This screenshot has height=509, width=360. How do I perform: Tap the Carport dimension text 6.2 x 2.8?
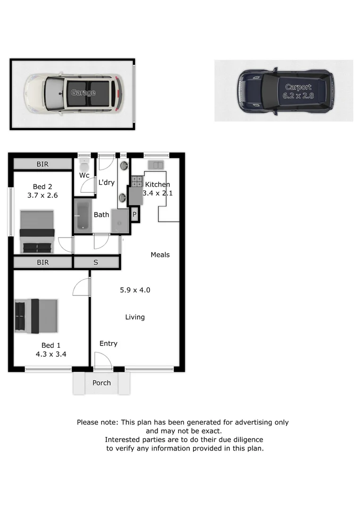[298, 96]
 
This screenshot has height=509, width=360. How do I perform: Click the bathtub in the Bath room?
[83, 216]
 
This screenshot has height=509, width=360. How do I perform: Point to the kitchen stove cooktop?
[137, 181]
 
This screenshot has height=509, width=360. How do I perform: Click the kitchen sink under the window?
[155, 164]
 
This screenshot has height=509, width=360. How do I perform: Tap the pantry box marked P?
[134, 215]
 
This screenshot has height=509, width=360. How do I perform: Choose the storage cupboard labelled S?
[96, 262]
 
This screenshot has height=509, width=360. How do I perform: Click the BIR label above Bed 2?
[42, 164]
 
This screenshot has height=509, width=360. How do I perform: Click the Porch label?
[101, 383]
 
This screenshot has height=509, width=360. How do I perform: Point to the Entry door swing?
[102, 361]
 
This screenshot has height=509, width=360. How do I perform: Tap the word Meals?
[160, 254]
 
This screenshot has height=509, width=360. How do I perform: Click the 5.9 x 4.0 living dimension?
[135, 290]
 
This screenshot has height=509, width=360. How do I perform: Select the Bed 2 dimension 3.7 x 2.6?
[42, 195]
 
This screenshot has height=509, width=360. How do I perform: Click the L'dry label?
[106, 182]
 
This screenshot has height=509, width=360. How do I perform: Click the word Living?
[135, 317]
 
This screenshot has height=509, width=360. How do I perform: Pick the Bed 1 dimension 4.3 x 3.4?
[50, 353]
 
